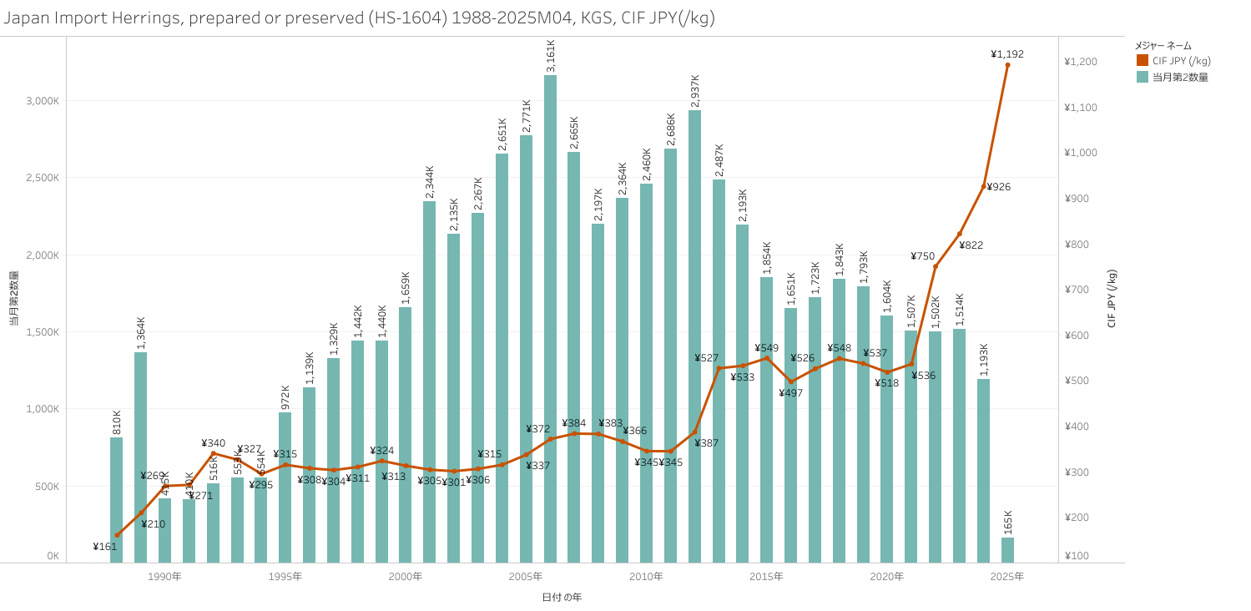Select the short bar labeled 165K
[1007, 550]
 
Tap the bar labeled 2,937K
[694, 334]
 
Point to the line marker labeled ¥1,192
[1007, 65]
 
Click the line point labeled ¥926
[984, 186]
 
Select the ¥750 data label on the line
[922, 256]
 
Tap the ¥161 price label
[105, 547]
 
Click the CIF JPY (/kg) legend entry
[1181, 61]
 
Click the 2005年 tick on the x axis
[526, 577]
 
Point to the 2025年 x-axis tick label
[1007, 577]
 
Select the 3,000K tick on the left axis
[43, 101]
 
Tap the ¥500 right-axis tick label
[1078, 381]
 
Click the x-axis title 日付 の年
[562, 597]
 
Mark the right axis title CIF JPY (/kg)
[1112, 298]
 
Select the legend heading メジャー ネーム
[1163, 46]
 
